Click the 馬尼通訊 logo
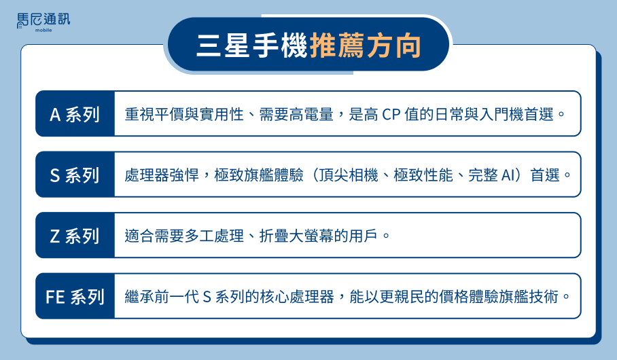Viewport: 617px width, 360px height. (43, 22)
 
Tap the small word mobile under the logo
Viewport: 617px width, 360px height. (43, 31)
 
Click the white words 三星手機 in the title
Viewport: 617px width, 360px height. (252, 46)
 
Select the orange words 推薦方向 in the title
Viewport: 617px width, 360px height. (366, 46)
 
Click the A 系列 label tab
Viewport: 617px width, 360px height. (75, 114)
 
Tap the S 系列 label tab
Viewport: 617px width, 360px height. (75, 175)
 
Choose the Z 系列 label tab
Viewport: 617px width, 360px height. (75, 236)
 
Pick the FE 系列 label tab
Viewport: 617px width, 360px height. (75, 296)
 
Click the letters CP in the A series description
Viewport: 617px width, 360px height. (391, 115)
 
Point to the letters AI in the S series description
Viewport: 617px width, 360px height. (508, 175)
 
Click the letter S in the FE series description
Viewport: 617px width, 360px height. (207, 297)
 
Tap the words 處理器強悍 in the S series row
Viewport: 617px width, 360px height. (162, 175)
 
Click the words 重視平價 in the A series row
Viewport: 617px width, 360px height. (154, 115)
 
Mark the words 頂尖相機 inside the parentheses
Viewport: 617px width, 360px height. (348, 175)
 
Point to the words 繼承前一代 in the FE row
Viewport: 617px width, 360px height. (162, 297)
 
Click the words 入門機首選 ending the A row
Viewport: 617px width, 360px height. (516, 115)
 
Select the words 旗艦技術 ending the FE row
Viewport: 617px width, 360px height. (529, 297)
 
